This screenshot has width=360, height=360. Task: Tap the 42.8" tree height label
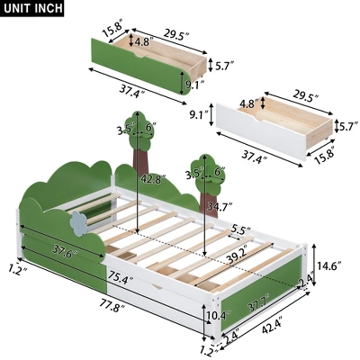[149, 179]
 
